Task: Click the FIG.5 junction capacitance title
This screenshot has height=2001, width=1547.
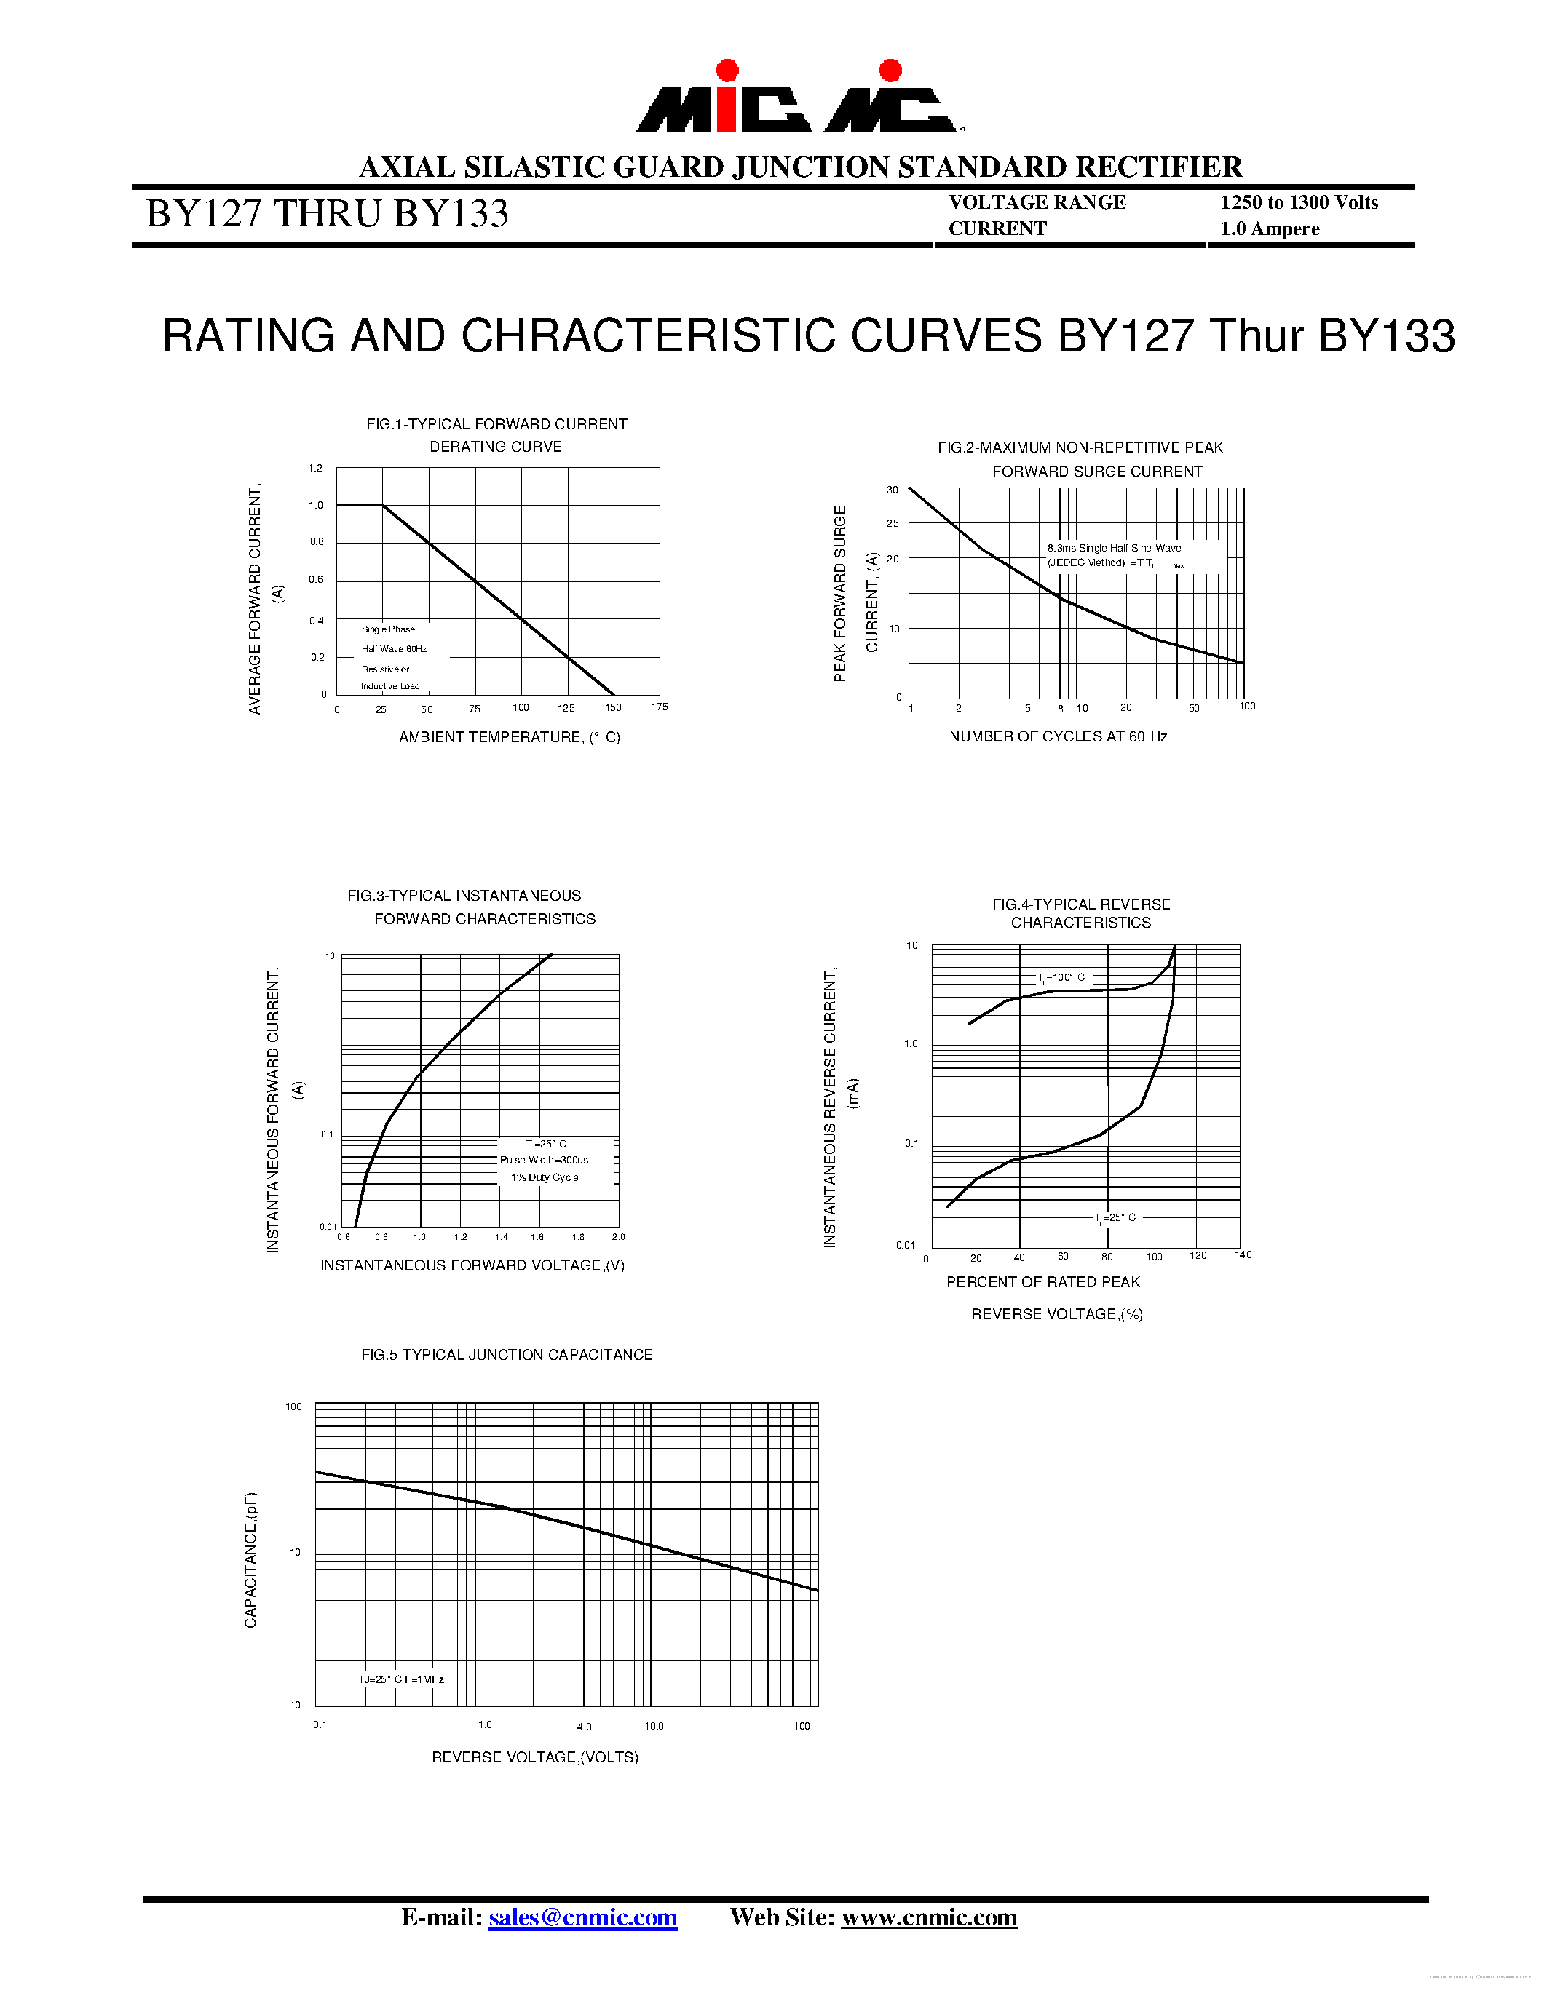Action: point(507,1355)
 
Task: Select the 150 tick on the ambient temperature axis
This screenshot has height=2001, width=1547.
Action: point(613,707)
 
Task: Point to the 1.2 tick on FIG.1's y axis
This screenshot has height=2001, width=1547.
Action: point(315,468)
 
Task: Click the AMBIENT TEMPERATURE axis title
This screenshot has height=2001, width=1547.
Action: point(510,738)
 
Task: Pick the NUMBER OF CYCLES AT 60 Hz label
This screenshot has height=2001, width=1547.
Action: point(1058,736)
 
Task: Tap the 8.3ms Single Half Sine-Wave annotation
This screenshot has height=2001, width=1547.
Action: point(1115,548)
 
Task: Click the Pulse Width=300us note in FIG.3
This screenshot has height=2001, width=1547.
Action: point(545,1160)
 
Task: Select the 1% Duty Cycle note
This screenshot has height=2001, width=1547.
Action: point(545,1177)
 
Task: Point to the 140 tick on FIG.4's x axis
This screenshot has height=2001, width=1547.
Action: point(1243,1254)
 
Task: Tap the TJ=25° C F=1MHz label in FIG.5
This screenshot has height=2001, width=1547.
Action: point(400,1679)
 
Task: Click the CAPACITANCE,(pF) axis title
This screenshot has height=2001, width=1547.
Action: point(250,1560)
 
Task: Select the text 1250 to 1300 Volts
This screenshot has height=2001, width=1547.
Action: point(1299,202)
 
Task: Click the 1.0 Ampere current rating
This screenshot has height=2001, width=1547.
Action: point(1270,229)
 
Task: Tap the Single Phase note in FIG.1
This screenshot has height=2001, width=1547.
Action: point(388,629)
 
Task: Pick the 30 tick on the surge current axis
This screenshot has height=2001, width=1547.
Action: point(892,490)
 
